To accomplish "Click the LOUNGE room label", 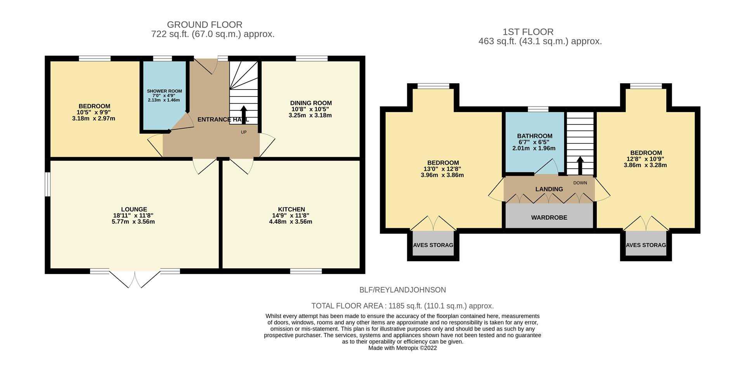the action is pos(134,209).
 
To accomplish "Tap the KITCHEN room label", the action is pos(291,209).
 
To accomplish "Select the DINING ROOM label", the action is pos(311,103).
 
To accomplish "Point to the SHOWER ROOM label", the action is pos(164,91).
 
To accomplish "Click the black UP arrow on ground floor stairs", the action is pos(244,114).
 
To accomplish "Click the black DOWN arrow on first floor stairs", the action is pos(580,166).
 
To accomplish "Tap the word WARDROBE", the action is pos(549,217).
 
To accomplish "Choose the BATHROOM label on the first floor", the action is pos(535,136).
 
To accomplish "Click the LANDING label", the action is pos(549,189).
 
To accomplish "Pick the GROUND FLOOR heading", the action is pos(204,25).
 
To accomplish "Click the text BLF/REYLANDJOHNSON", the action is pos(403,290).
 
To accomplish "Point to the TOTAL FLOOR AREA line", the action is pos(402,306).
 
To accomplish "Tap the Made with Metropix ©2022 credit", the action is pos(402,348).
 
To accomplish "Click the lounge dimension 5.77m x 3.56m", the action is pos(133,222).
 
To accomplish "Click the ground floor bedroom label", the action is pos(94,106).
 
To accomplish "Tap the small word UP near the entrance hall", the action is pos(244,132).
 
